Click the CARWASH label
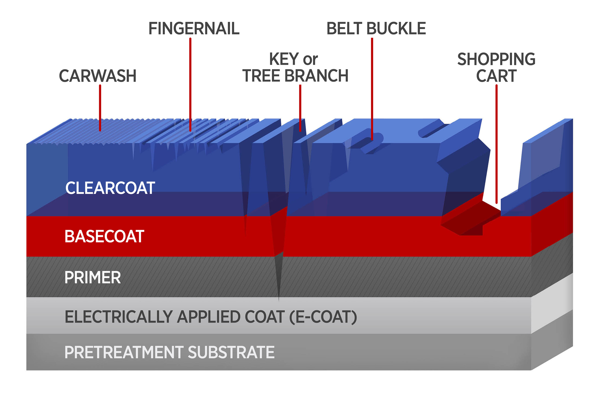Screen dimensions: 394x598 tap(97, 76)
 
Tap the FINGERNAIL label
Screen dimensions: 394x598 tap(194, 29)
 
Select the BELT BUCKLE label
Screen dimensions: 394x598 tap(376, 29)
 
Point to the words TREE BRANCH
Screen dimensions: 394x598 tap(295, 76)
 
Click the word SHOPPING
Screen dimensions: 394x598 tap(496, 59)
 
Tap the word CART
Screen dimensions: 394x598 tap(496, 76)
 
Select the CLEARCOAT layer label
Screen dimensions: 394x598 tap(110, 188)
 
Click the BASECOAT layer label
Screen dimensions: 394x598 tap(104, 236)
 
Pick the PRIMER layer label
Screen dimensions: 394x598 tap(93, 277)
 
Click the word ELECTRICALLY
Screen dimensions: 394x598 tap(118, 317)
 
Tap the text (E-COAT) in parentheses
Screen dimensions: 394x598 tap(323, 317)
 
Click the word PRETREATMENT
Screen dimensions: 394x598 tap(124, 353)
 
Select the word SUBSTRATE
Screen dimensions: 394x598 tap(231, 353)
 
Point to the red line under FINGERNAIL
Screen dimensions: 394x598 tap(190, 84)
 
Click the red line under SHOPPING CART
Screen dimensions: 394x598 tap(496, 143)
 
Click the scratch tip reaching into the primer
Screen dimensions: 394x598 tap(278, 281)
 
